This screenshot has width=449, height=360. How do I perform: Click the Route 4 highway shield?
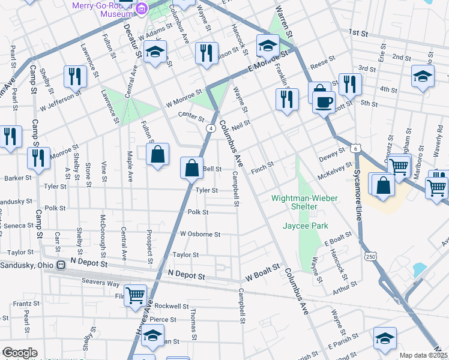(x=211, y=128)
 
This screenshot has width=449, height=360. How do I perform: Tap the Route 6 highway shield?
(x=356, y=148)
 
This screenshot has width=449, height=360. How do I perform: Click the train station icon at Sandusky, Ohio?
(x=61, y=265)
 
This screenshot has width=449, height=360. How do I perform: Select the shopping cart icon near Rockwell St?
(x=136, y=295)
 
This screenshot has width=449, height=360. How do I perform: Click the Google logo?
(x=19, y=353)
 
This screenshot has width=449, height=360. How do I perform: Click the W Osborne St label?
(x=200, y=233)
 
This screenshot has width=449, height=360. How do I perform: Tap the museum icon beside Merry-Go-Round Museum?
(x=142, y=8)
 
